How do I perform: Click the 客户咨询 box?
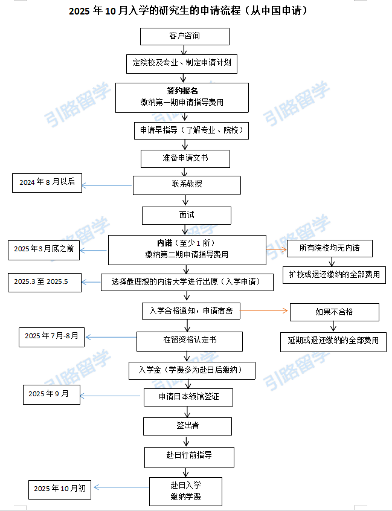(x=185, y=36)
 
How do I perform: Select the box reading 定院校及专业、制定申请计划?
(x=182, y=63)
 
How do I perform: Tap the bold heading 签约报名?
(x=182, y=91)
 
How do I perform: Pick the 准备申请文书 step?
(x=185, y=159)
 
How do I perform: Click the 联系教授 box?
(x=187, y=185)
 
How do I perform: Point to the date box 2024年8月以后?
(x=47, y=183)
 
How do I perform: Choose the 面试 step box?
(x=187, y=216)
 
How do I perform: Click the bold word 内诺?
(x=164, y=243)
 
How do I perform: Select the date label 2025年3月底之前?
(x=43, y=250)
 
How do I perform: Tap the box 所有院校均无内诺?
(x=330, y=248)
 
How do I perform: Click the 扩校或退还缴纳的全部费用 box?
(x=335, y=275)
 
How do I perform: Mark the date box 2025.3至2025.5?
(x=45, y=283)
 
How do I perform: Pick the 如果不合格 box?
(x=335, y=312)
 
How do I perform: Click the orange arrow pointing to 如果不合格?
(x=264, y=310)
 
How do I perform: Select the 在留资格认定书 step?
(x=190, y=341)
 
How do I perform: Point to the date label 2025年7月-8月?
(x=51, y=337)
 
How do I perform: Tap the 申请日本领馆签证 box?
(x=188, y=397)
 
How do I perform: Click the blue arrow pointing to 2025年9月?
(x=110, y=396)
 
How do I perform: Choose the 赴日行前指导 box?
(x=189, y=457)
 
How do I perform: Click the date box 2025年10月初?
(x=60, y=489)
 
